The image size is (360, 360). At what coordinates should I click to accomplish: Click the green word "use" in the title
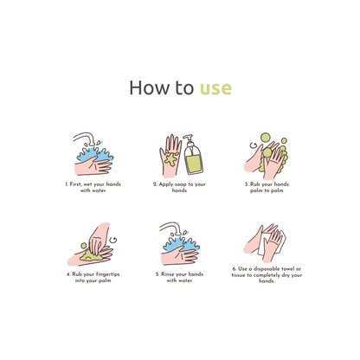coord(215,88)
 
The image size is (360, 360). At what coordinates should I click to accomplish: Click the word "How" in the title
coord(149,87)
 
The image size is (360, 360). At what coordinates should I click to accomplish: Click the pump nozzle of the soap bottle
coord(188,137)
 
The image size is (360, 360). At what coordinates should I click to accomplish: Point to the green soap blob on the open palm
coord(171,159)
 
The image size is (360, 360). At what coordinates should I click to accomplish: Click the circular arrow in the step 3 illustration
coord(254,145)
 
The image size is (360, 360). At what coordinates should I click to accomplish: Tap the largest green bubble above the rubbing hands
coord(266,138)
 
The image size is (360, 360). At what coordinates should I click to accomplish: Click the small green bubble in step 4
coord(84,246)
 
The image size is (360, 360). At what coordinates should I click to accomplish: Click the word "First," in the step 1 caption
coord(75,184)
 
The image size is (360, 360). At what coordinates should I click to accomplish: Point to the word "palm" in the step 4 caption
coord(105,280)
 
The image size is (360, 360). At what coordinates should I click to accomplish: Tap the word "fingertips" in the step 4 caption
coord(107,274)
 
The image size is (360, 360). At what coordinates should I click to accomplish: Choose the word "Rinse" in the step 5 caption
coord(167,274)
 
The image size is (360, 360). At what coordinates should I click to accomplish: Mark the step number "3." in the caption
coord(247,184)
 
